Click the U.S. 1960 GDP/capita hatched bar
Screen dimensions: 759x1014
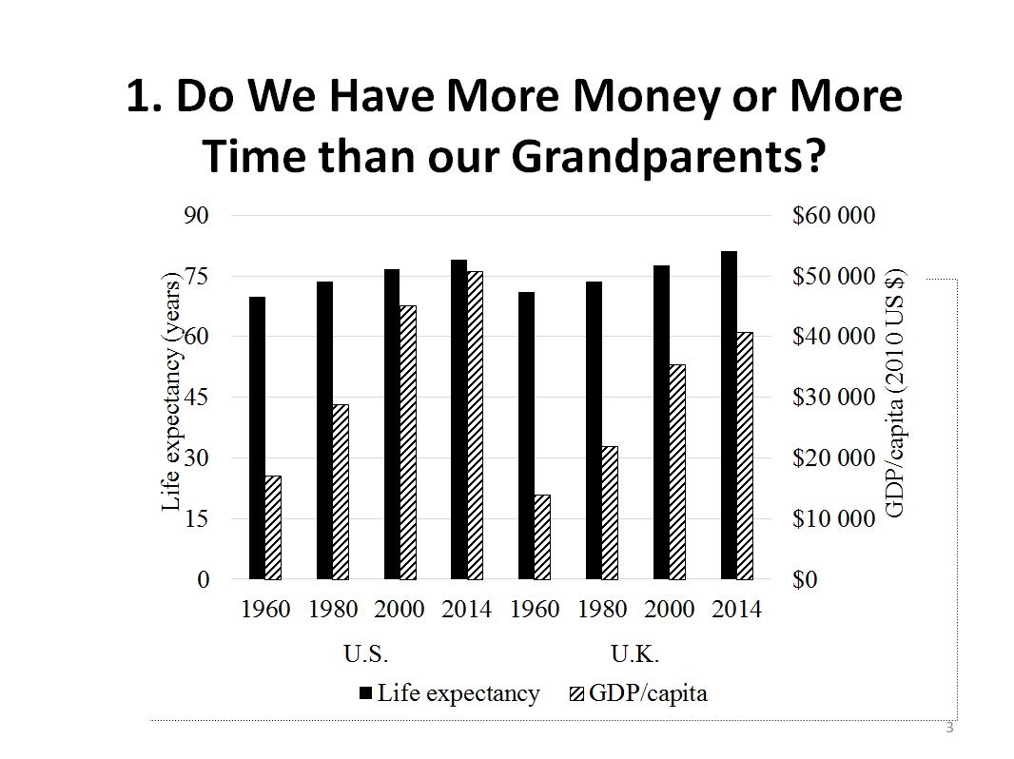[x=273, y=527]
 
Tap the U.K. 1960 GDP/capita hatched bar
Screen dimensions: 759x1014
[x=542, y=536]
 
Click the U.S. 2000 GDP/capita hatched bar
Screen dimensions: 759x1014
[x=407, y=442]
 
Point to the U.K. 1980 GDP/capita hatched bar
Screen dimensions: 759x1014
[x=610, y=513]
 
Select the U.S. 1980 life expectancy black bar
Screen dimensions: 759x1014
[x=324, y=430]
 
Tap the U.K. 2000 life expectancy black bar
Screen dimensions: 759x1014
[x=661, y=421]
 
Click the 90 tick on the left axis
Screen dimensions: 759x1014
[x=196, y=216]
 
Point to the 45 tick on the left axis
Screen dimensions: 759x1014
[x=196, y=398]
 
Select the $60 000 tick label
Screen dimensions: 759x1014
[x=833, y=216]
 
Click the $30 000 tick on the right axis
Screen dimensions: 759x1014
[x=833, y=398]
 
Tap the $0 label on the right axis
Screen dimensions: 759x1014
[x=806, y=580]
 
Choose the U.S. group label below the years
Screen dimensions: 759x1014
[x=366, y=654]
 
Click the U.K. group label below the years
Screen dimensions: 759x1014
[x=635, y=654]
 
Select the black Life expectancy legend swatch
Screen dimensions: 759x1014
[x=366, y=693]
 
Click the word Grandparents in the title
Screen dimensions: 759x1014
[x=666, y=156]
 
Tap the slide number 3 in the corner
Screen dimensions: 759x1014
[x=948, y=729]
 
